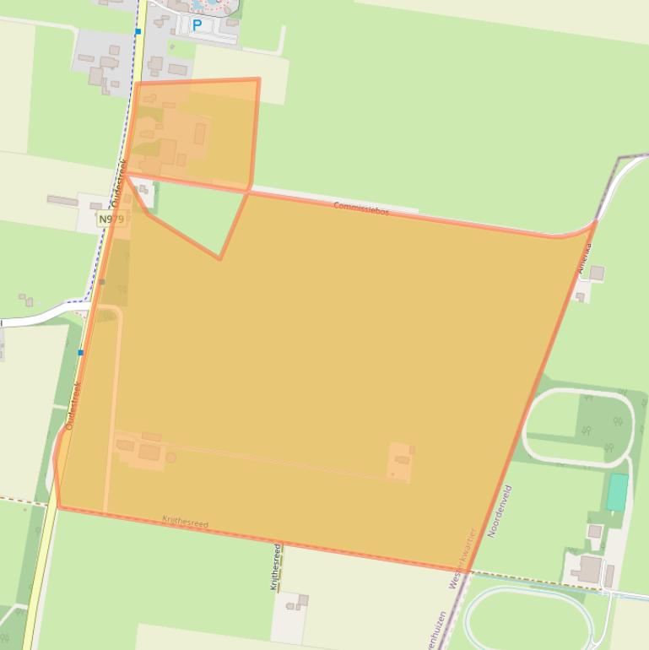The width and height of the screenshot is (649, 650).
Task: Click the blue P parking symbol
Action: click(197, 25)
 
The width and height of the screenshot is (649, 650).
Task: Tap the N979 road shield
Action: click(111, 219)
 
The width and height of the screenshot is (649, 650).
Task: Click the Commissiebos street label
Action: click(361, 208)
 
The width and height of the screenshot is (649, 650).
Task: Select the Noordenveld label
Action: click(500, 512)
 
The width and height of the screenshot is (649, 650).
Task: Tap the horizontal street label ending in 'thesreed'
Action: click(185, 523)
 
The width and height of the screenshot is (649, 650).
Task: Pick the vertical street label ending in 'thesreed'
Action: click(275, 567)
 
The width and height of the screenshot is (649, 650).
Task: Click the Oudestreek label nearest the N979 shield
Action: click(117, 183)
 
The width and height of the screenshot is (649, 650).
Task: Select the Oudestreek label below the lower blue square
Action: click(72, 406)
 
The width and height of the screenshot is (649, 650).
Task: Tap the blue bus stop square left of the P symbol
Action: click(138, 32)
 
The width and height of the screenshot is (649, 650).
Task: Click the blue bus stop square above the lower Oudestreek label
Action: click(81, 352)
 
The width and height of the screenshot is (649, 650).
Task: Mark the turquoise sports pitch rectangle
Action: click(618, 492)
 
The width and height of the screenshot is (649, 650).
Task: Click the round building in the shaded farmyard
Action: click(171, 458)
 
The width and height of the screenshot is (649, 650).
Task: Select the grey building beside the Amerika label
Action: click(597, 273)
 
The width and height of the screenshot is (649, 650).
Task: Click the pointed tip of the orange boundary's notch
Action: click(220, 258)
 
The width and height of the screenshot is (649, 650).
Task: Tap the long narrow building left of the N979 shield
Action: click(62, 201)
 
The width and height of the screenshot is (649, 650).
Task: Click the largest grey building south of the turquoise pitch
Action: click(590, 569)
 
